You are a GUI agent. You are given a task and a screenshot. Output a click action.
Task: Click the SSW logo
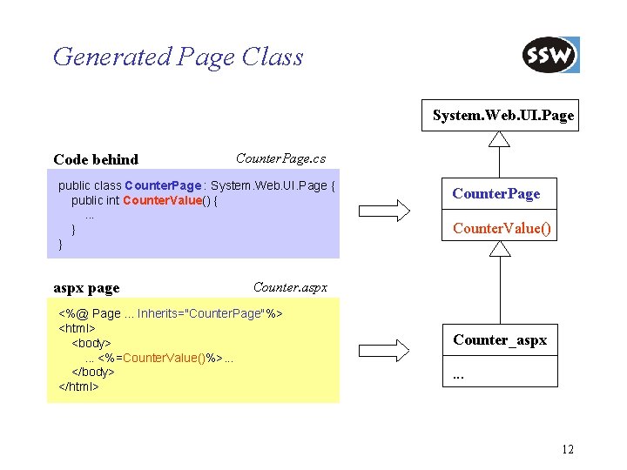(550, 56)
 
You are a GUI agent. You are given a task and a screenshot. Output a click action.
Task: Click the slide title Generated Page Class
(178, 57)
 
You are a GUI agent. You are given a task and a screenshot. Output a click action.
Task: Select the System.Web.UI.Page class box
(503, 115)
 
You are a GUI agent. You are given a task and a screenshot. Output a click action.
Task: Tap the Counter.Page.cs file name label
(280, 158)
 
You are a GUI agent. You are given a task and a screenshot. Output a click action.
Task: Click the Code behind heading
(96, 159)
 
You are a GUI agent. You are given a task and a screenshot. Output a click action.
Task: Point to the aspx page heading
(86, 287)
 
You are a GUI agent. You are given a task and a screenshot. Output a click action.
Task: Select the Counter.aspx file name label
(290, 286)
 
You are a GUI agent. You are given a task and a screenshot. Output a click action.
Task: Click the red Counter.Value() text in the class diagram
(502, 229)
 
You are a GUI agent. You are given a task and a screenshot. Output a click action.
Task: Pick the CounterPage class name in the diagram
(496, 193)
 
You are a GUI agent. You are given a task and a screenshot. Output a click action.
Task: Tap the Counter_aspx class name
(500, 339)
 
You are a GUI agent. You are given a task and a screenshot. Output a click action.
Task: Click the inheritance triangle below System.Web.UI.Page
(499, 139)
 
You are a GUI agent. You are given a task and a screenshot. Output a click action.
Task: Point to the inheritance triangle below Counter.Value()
(499, 249)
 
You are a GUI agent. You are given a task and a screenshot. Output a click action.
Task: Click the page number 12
(568, 449)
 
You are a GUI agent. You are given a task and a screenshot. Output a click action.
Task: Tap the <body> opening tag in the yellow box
(91, 343)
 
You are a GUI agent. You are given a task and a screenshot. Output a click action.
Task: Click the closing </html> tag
(78, 386)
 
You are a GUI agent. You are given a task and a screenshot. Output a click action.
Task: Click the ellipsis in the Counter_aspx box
(458, 376)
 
